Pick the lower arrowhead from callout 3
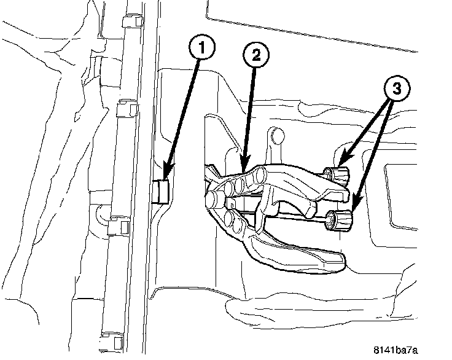coord(357,203)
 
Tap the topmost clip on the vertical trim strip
coord(131,22)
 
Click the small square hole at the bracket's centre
coord(233,200)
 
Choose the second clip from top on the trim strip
coord(127,111)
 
